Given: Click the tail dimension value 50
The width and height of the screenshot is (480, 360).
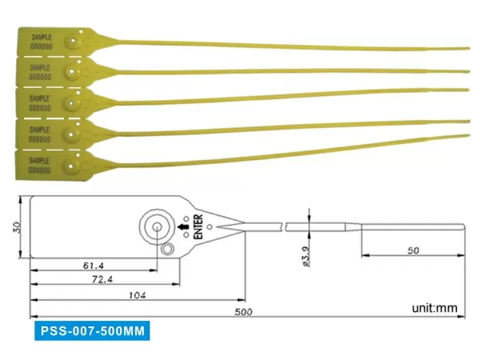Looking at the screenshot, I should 413,250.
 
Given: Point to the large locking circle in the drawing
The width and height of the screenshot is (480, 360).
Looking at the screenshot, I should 156,227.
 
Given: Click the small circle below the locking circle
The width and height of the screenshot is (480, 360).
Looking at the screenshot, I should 166,251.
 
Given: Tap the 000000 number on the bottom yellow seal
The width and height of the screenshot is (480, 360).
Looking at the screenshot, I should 40,170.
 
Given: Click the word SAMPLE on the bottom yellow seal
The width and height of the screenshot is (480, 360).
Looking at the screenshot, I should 40,160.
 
